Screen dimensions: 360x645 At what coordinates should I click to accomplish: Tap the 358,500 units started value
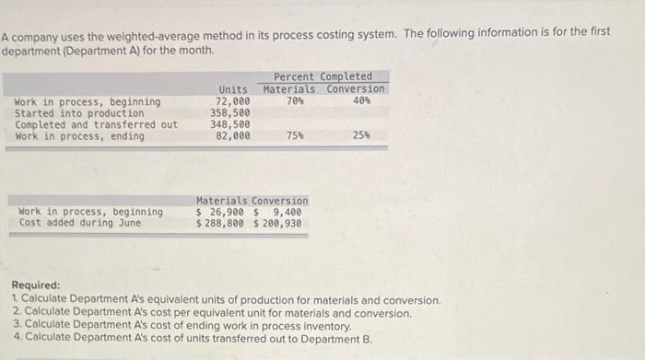(230, 113)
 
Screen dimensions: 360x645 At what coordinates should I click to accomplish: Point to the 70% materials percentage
(295, 101)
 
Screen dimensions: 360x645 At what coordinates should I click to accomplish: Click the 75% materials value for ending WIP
(295, 136)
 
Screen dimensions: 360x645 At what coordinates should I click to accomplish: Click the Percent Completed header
(322, 76)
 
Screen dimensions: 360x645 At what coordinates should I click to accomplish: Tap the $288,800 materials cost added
(221, 223)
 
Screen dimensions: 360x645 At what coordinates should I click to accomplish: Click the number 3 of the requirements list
(17, 325)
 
